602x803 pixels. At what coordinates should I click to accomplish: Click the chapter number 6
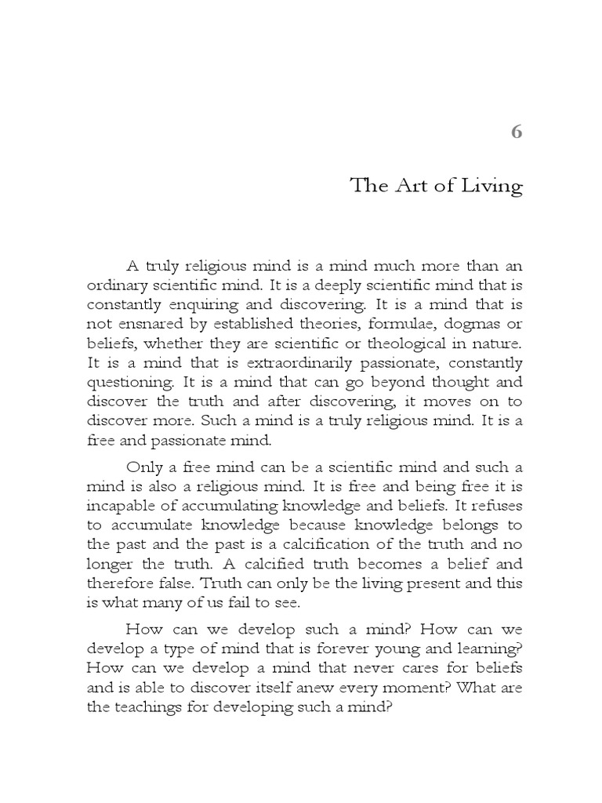pos(516,132)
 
